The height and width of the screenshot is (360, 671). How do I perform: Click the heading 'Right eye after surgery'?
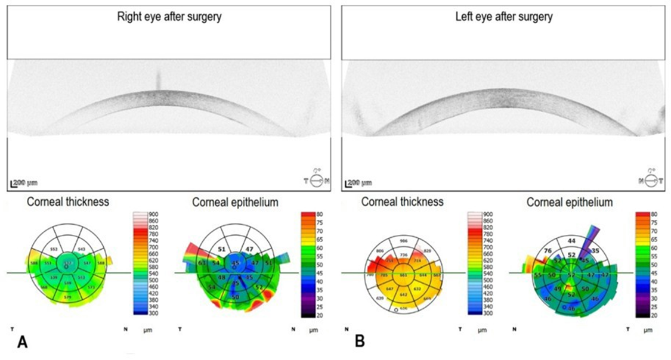[169, 17]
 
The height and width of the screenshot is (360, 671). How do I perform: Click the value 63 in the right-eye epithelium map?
[202, 263]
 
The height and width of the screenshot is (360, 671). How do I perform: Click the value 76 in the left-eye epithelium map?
[548, 252]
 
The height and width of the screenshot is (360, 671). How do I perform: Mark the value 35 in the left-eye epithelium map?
[595, 252]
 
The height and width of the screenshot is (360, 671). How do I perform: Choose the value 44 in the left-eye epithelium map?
[571, 241]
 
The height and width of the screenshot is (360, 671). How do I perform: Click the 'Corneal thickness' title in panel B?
[402, 202]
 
